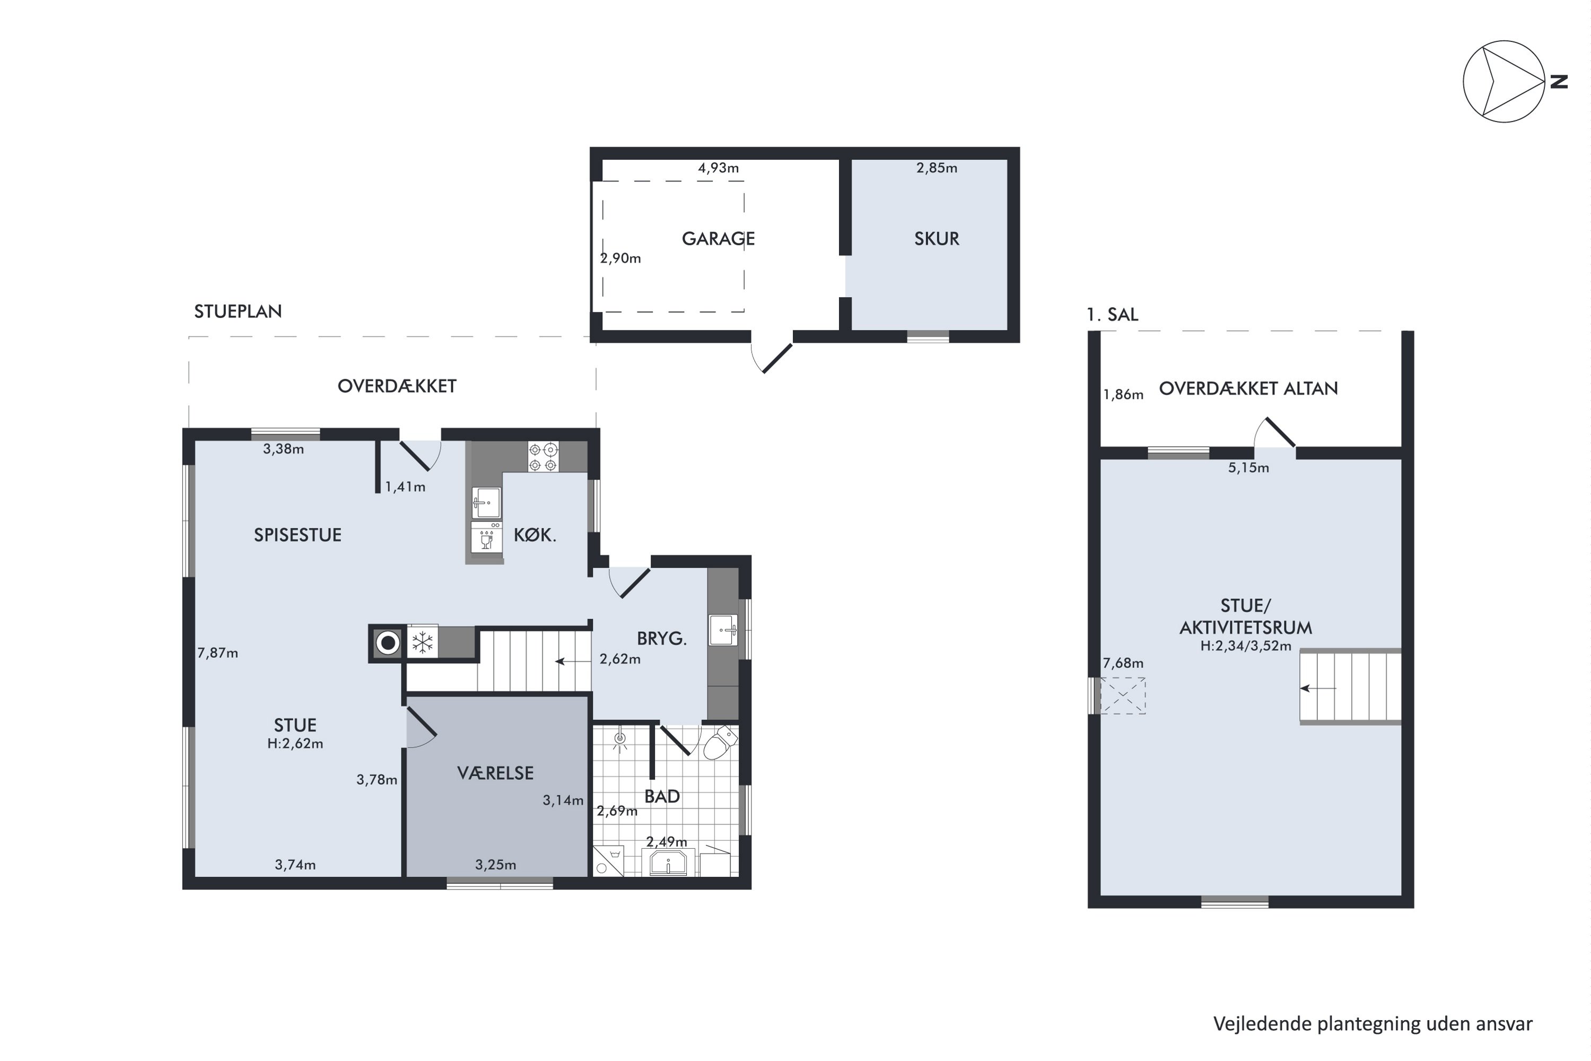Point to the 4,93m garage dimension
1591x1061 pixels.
click(x=719, y=168)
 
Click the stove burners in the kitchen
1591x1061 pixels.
click(x=543, y=457)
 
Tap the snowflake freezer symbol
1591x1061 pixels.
click(x=422, y=642)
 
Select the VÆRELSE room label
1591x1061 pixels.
click(x=495, y=773)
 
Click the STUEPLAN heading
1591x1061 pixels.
click(x=238, y=311)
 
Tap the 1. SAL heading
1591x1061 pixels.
click(x=1112, y=315)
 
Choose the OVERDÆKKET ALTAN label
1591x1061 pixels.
click(x=1248, y=388)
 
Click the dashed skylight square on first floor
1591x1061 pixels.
click(x=1123, y=695)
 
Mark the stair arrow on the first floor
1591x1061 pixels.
click(x=1318, y=688)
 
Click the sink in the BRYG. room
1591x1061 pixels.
click(x=723, y=630)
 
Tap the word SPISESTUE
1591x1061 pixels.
click(x=298, y=535)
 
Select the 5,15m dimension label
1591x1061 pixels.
click(x=1248, y=467)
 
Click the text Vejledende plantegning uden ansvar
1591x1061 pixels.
click(x=1373, y=1024)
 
